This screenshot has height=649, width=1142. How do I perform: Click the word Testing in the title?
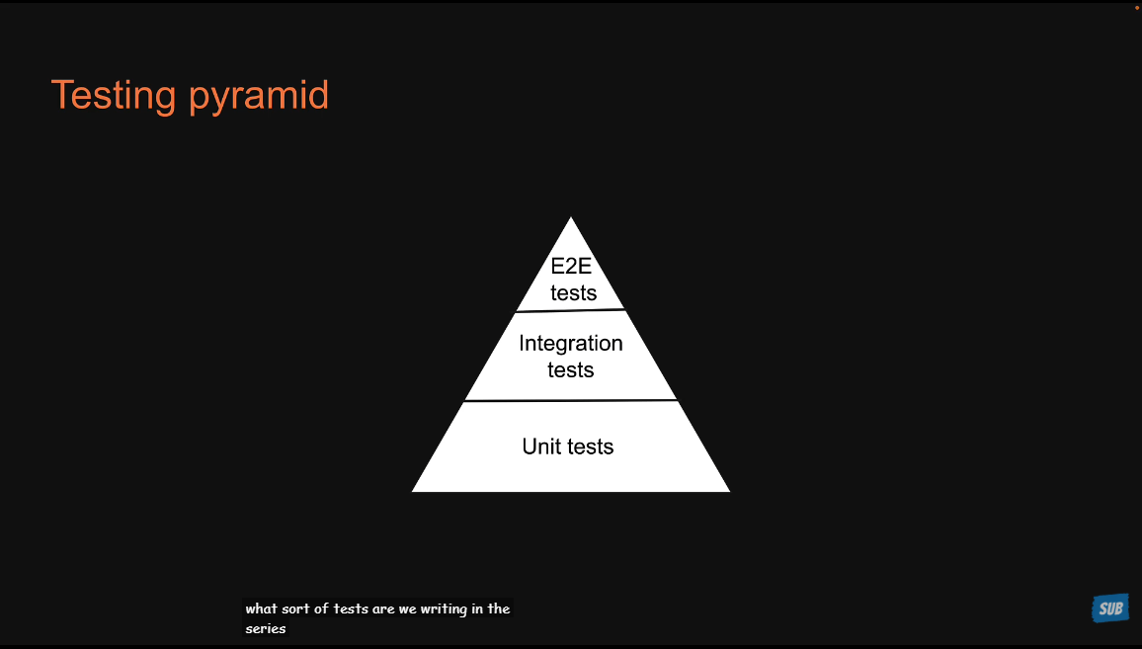click(114, 95)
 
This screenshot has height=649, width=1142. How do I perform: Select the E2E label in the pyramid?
click(571, 267)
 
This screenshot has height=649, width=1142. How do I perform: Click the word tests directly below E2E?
click(574, 292)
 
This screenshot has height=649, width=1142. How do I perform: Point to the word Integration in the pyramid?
click(571, 344)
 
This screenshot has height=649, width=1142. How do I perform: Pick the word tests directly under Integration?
click(571, 370)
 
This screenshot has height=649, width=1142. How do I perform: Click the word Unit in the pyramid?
click(540, 446)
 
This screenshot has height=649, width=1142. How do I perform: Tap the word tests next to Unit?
click(589, 446)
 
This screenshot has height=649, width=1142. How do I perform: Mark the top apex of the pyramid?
click(571, 219)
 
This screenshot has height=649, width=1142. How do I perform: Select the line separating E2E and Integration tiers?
click(571, 310)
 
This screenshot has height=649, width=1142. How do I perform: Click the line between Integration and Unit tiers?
click(571, 400)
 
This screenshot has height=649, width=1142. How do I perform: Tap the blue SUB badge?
click(1110, 608)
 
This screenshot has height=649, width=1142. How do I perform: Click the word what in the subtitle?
click(262, 608)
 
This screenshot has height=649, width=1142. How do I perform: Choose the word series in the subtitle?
click(266, 628)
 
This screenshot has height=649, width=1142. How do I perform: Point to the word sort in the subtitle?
click(297, 608)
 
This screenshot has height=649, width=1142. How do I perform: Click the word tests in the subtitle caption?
click(351, 608)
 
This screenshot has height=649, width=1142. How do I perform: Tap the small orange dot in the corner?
click(1136, 6)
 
